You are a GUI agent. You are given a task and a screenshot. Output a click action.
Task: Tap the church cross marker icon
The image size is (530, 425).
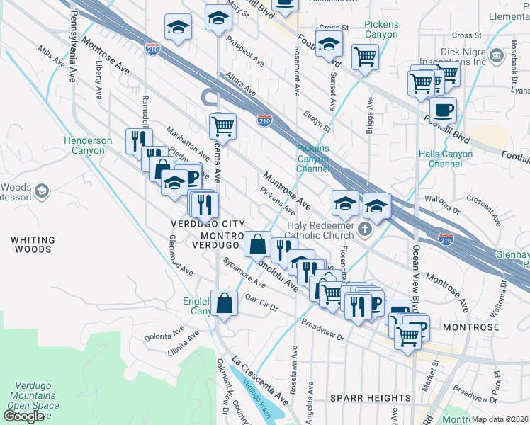[365, 229]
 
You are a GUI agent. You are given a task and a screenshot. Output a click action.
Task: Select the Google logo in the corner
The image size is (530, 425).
[23, 416]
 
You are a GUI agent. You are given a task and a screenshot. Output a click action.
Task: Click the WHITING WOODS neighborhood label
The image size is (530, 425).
[31, 245]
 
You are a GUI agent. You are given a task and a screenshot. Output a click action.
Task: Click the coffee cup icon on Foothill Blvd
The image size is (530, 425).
[443, 110]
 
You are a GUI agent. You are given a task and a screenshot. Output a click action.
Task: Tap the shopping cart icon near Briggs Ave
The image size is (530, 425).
[365, 56]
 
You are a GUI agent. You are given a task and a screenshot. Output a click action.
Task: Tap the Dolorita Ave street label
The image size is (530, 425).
[163, 333]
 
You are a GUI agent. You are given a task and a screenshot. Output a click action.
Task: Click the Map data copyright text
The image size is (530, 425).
[500, 419]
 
